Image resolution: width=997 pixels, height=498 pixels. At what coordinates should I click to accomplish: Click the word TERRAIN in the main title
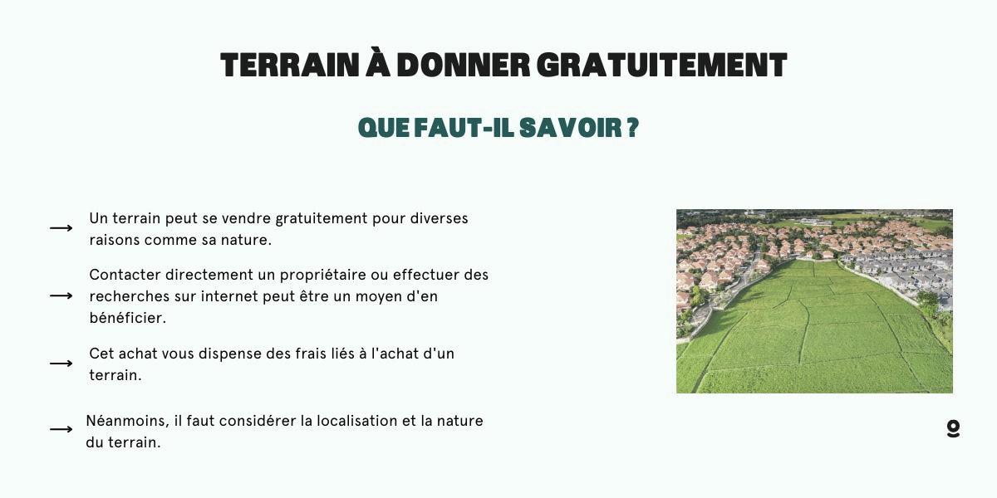(x=290, y=66)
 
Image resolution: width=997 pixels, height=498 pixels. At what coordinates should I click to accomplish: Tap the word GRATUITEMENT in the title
(x=662, y=66)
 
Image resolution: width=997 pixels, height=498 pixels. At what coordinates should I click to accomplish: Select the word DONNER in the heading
(x=464, y=66)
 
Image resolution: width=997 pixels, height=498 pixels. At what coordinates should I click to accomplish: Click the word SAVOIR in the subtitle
(x=571, y=128)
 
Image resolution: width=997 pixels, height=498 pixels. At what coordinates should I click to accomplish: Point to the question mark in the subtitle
(x=633, y=128)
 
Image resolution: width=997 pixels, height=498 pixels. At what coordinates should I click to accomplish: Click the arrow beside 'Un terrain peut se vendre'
(x=61, y=228)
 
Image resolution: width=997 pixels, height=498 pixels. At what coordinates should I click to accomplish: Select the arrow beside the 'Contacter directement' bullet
(x=61, y=295)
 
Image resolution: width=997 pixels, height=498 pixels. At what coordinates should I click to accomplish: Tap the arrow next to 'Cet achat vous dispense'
(x=61, y=364)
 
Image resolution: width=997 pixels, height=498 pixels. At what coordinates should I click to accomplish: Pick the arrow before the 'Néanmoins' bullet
(x=61, y=429)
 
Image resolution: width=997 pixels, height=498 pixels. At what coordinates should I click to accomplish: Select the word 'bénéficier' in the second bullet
(x=128, y=318)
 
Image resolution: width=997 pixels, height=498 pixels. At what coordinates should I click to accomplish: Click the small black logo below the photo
(x=954, y=428)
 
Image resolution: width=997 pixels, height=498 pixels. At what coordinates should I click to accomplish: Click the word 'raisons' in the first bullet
(x=115, y=240)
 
